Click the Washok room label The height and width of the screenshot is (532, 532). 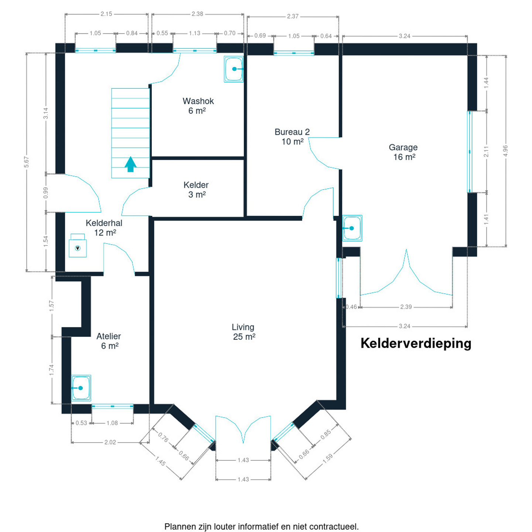click(198, 106)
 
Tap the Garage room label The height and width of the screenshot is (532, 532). click(403, 152)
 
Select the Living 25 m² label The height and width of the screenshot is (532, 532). click(243, 331)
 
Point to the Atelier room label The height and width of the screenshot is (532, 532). click(109, 341)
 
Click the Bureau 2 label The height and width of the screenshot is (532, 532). click(292, 136)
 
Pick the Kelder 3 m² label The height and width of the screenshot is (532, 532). click(196, 190)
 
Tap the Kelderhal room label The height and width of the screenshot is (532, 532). click(104, 228)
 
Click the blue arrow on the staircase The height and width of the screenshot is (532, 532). click(130, 164)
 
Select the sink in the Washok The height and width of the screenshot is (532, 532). click(233, 69)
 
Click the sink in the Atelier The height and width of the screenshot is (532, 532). click(81, 388)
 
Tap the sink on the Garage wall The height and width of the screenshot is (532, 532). click(352, 228)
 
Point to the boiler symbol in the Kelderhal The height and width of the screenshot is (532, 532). click(78, 248)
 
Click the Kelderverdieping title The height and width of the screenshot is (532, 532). click(416, 343)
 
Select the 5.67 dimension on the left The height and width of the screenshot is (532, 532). click(26, 162)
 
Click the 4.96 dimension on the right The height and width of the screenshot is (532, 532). click(505, 151)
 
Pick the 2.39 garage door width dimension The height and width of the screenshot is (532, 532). click(406, 307)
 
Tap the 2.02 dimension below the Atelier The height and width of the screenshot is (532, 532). click(110, 442)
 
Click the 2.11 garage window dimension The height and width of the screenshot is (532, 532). click(486, 151)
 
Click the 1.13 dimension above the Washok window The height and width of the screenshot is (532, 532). click(194, 33)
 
